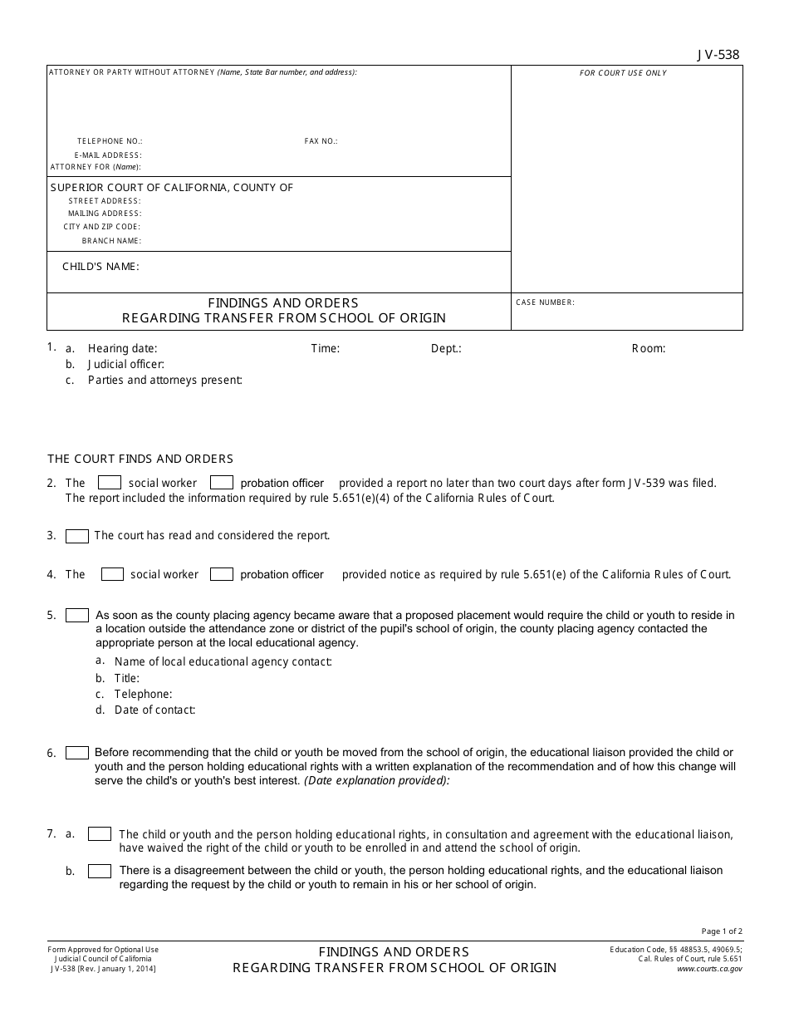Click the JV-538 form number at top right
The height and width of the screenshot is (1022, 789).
click(718, 56)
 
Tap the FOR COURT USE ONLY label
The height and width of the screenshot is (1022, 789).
click(623, 73)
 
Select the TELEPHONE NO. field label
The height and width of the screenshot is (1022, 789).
click(110, 141)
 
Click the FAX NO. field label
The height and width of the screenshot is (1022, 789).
click(321, 141)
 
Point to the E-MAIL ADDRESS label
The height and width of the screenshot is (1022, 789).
click(108, 155)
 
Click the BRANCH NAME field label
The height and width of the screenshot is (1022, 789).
click(111, 241)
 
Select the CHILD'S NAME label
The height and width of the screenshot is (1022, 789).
click(100, 267)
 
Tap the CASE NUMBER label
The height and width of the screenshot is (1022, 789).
click(545, 302)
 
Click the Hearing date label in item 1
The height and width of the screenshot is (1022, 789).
click(122, 349)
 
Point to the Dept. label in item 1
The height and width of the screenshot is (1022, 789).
click(446, 349)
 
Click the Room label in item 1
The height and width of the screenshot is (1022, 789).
click(649, 349)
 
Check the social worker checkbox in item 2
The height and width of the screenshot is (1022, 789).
click(110, 483)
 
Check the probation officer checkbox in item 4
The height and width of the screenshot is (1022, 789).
click(221, 574)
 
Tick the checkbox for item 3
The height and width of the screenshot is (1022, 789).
click(77, 537)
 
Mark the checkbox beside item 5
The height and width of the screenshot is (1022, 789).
click(77, 616)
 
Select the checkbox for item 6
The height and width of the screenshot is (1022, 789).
click(77, 753)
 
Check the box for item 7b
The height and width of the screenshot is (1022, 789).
click(100, 871)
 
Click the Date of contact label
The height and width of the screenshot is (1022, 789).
click(154, 710)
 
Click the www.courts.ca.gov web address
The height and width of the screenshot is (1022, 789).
click(709, 969)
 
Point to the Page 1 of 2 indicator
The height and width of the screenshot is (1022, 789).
click(722, 931)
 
